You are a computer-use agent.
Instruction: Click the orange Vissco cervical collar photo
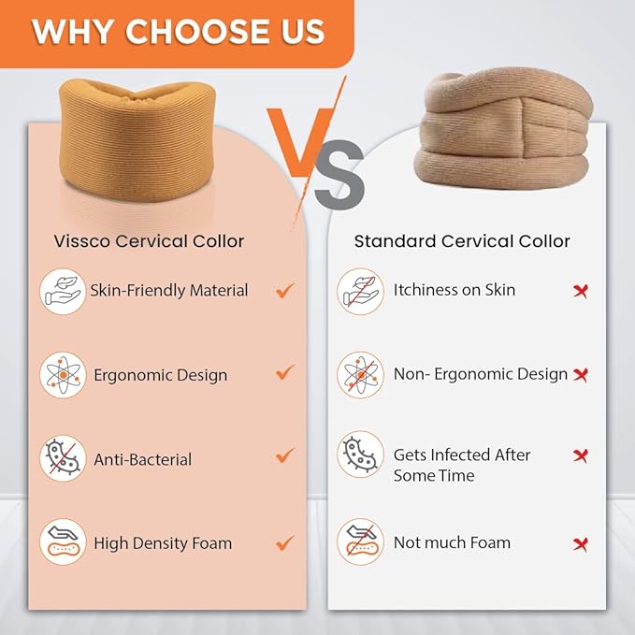(x=137, y=140)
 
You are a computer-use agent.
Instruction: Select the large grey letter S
(x=339, y=175)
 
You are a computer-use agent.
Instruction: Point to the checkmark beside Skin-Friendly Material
(x=285, y=290)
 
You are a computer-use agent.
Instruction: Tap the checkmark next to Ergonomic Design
(x=285, y=372)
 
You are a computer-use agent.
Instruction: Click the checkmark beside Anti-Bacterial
(x=285, y=455)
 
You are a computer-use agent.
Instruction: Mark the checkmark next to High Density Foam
(x=285, y=542)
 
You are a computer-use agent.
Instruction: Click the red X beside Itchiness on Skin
(x=581, y=291)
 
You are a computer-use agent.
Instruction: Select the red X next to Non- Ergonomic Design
(x=581, y=375)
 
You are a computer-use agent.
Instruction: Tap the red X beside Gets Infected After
(x=581, y=456)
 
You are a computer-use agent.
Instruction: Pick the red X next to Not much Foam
(x=581, y=544)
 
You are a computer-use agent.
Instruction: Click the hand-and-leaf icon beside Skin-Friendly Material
(x=63, y=292)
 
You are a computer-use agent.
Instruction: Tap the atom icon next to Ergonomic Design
(x=63, y=375)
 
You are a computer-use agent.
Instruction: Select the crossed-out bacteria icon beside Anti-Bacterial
(x=63, y=458)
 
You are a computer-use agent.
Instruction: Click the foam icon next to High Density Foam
(x=63, y=541)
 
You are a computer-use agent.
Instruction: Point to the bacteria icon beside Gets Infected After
(x=360, y=455)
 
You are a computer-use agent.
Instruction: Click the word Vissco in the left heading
(x=81, y=241)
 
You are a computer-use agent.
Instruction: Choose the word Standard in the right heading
(x=395, y=241)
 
